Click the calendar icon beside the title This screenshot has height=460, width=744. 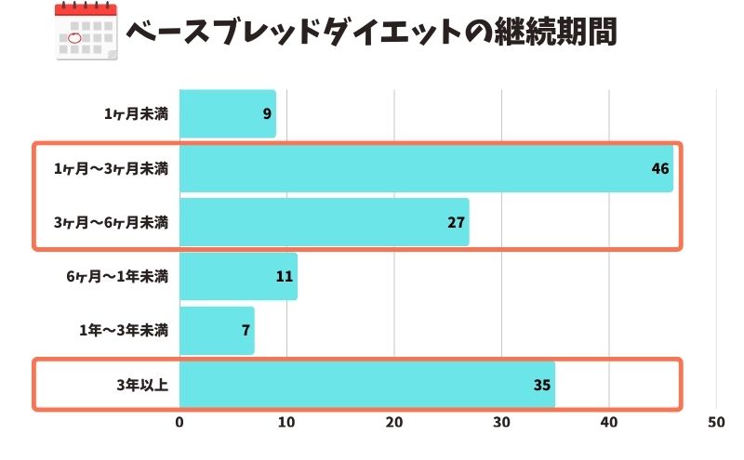86,33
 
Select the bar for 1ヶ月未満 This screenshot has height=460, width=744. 227,114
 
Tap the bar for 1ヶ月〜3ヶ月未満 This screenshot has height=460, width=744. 426,168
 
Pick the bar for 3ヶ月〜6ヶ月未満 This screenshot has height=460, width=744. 324,222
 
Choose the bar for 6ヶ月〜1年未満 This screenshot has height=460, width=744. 238,277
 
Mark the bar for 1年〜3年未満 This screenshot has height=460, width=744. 217,331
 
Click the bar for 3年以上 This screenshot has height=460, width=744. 366,385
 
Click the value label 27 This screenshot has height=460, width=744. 456,222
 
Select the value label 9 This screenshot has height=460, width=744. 267,114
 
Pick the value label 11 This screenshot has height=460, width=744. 285,277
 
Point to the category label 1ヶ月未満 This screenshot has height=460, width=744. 136,114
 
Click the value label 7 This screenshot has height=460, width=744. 246,331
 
